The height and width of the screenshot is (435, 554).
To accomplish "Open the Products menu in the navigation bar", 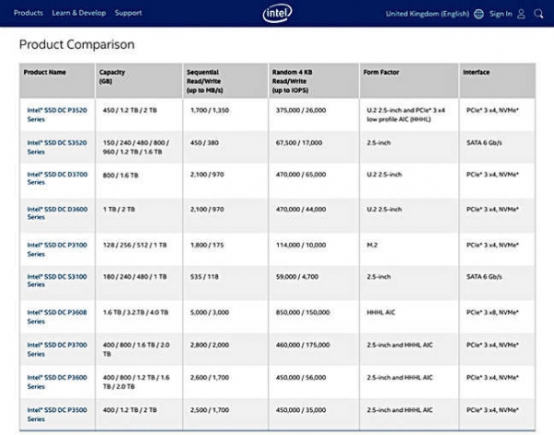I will (x=29, y=14).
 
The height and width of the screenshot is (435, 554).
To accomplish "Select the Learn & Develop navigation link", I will (x=78, y=14).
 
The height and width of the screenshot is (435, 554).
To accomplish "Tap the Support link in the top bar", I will (x=128, y=14).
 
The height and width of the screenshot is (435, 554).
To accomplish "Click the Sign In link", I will (x=500, y=14).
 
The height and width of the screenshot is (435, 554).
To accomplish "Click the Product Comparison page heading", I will (x=77, y=44).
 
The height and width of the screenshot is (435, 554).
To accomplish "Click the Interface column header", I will (x=477, y=72).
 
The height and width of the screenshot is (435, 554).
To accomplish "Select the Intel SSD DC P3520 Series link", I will (x=49, y=113).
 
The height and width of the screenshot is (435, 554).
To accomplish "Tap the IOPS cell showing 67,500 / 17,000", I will (x=300, y=143).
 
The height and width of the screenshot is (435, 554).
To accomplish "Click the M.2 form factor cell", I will (x=373, y=244).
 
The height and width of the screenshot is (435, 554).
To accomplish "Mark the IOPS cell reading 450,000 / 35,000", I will (x=302, y=410).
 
